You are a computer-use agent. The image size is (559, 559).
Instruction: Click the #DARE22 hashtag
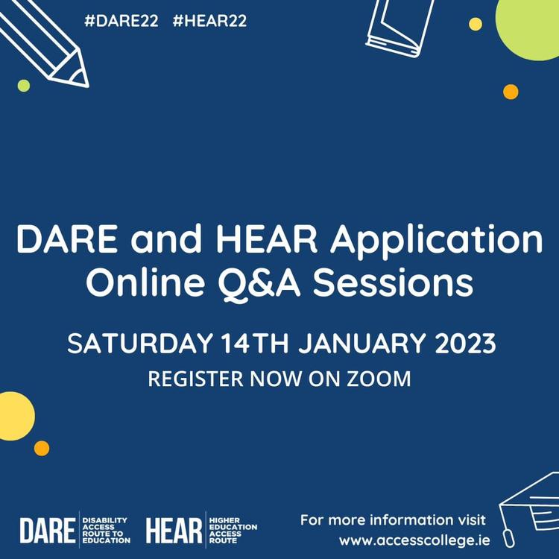121,21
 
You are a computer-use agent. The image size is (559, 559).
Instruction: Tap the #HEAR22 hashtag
209,21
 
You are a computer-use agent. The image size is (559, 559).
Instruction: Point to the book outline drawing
399,28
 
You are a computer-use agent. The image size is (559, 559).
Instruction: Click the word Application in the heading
436,239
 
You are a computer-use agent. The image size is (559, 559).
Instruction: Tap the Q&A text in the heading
259,283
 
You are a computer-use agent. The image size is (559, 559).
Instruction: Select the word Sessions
393,283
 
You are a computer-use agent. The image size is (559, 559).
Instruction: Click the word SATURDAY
140,343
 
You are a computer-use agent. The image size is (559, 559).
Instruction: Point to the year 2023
466,343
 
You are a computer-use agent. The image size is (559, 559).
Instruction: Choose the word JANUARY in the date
362,343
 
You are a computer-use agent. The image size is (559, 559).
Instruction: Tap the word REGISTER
196,379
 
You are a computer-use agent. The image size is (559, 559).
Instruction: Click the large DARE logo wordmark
48,531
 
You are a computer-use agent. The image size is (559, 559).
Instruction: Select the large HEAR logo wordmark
174,531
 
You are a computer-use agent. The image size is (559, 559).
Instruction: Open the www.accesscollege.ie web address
414,541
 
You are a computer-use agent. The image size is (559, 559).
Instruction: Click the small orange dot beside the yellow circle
42,448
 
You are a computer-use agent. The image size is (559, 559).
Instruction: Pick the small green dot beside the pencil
24,86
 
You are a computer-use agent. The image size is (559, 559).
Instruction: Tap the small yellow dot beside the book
476,24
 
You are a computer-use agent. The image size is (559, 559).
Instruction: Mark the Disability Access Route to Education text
107,531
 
